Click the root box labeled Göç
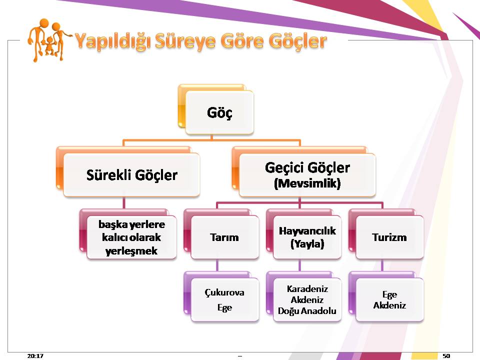pyautogui.click(x=219, y=112)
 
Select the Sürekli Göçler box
pyautogui.click(x=131, y=175)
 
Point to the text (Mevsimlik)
pyautogui.click(x=307, y=183)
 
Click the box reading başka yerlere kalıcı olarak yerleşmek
pyautogui.click(x=131, y=237)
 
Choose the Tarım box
pyautogui.click(x=224, y=237)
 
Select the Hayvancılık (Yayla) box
pyautogui.click(x=307, y=237)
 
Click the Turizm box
pyautogui.click(x=389, y=237)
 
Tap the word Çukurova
pyautogui.click(x=224, y=292)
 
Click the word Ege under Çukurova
pyautogui.click(x=224, y=307)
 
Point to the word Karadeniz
pyautogui.click(x=307, y=288)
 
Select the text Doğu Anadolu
pyautogui.click(x=307, y=311)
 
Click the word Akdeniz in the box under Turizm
pyautogui.click(x=389, y=305)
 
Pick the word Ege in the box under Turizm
pyautogui.click(x=389, y=295)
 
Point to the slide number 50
pyautogui.click(x=446, y=355)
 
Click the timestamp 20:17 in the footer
pyautogui.click(x=35, y=355)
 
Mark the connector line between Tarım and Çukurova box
pyautogui.click(x=217, y=265)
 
